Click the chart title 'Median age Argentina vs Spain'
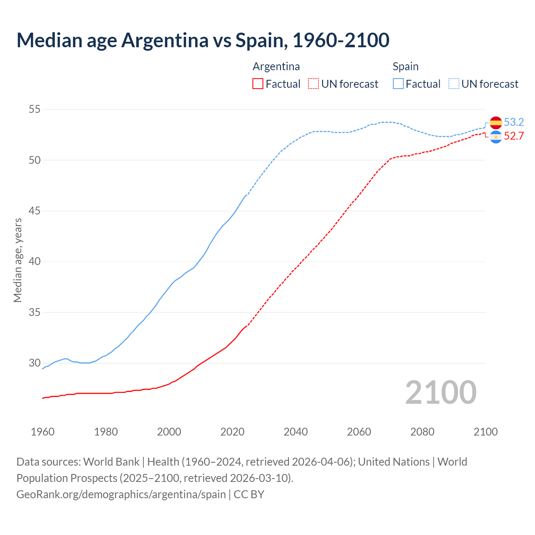[203, 40]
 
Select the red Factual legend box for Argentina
[258, 84]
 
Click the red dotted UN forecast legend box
[313, 84]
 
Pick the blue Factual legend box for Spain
[398, 84]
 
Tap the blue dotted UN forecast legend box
[454, 84]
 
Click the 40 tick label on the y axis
[35, 262]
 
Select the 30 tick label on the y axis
[35, 363]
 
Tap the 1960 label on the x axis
[43, 432]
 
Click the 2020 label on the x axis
[232, 432]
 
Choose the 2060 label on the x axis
[359, 432]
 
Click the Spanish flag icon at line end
[496, 122]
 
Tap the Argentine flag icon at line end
[496, 137]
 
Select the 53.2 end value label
[514, 122]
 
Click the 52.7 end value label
[514, 136]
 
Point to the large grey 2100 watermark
[441, 392]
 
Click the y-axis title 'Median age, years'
[18, 260]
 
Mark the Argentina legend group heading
[276, 66]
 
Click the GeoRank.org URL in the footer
[121, 494]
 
